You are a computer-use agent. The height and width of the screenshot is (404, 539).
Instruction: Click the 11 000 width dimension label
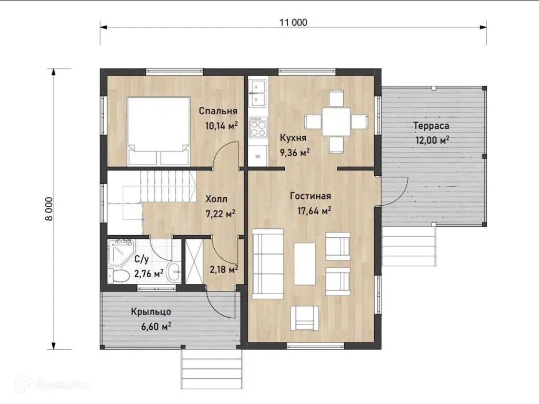(x=293, y=23)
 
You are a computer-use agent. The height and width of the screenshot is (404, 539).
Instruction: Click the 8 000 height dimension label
(x=49, y=208)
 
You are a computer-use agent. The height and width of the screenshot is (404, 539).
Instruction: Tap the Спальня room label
(x=218, y=111)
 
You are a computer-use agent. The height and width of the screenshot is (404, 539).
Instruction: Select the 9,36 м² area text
(x=295, y=152)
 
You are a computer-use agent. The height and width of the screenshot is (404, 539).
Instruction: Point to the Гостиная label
(x=311, y=196)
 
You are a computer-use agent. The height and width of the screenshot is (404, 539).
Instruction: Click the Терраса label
(x=431, y=126)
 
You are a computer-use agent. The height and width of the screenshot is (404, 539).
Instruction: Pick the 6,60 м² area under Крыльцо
(x=156, y=326)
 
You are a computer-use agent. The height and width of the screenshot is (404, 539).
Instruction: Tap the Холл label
(x=216, y=199)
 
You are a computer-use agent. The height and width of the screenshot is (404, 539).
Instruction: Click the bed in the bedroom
(x=159, y=131)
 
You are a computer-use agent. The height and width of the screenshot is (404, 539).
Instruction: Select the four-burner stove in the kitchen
(x=258, y=127)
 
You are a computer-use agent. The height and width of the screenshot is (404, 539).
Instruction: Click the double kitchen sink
(x=258, y=93)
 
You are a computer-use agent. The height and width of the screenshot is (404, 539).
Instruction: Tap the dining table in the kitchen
(x=336, y=122)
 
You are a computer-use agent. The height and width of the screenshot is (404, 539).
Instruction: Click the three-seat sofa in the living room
(x=268, y=264)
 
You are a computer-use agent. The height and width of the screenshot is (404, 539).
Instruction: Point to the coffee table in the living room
(x=305, y=264)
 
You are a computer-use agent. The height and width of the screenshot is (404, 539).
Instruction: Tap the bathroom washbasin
(x=174, y=272)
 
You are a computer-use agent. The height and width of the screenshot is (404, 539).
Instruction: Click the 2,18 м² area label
(x=224, y=269)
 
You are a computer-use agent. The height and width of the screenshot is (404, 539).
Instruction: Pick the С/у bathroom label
(x=142, y=259)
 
